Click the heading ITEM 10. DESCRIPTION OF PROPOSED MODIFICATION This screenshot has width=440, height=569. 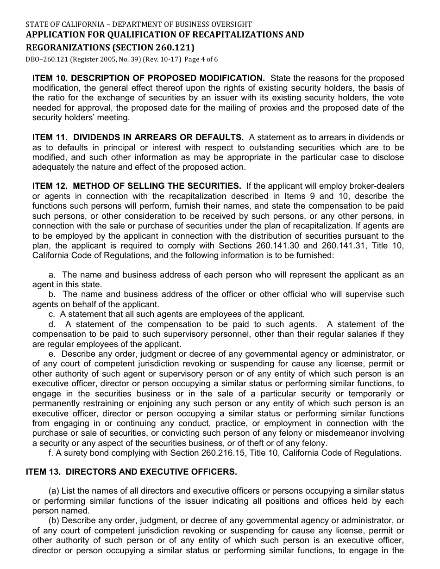click(148, 78)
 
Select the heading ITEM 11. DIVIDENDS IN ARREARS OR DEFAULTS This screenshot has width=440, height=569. click(138, 137)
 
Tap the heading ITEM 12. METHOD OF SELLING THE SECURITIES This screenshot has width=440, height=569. click(137, 186)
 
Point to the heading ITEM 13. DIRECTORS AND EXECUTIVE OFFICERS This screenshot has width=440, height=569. click(131, 472)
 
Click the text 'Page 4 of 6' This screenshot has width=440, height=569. click(201, 59)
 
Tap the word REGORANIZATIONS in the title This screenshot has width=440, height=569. click(63, 47)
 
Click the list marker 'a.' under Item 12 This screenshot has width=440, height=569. click(52, 275)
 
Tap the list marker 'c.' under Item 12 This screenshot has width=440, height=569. click(52, 314)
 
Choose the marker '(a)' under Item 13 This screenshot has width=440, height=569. click(54, 491)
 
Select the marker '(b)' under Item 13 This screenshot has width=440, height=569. click(54, 521)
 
